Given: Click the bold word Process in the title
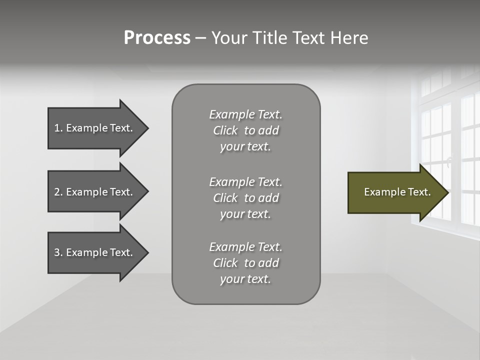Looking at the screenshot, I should (157, 38).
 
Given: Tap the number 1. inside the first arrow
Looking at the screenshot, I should (58, 128).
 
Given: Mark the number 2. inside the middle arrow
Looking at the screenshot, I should (58, 192).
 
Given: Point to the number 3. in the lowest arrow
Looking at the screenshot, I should (58, 252).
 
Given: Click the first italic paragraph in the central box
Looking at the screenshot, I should (246, 130).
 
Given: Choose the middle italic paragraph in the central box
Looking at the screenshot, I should (246, 198).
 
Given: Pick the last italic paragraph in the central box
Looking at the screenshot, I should (246, 263).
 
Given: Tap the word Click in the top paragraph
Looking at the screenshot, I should (225, 130).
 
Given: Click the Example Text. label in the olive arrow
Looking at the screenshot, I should (397, 192).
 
